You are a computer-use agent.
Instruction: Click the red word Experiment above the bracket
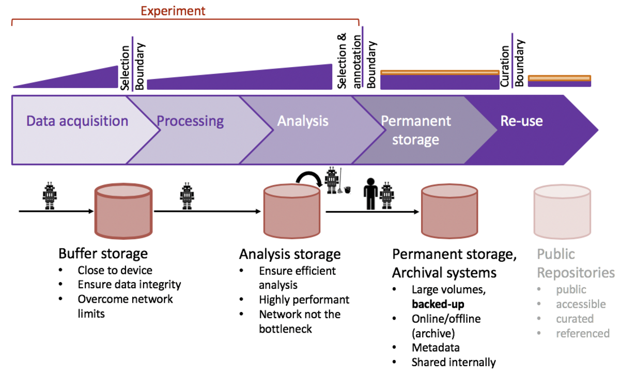[173, 11]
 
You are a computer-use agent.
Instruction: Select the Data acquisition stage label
[78, 121]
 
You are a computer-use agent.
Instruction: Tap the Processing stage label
[190, 121]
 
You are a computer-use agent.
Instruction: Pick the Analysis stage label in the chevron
[303, 121]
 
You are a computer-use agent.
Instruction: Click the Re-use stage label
[521, 121]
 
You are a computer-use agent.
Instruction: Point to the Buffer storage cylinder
[123, 211]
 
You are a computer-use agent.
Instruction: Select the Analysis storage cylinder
[292, 211]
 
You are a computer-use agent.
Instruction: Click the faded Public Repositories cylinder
[562, 211]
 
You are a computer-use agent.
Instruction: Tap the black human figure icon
[370, 194]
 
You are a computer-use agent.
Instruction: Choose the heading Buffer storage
[103, 254]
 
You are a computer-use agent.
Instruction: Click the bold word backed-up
[438, 304]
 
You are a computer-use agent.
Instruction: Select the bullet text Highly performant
[304, 300]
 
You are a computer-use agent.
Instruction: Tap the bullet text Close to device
[115, 270]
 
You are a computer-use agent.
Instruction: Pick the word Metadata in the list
[436, 348]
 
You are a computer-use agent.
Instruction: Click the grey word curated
[575, 319]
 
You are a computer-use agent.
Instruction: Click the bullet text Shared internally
[453, 363]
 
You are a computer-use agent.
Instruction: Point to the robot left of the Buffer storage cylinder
[50, 195]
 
